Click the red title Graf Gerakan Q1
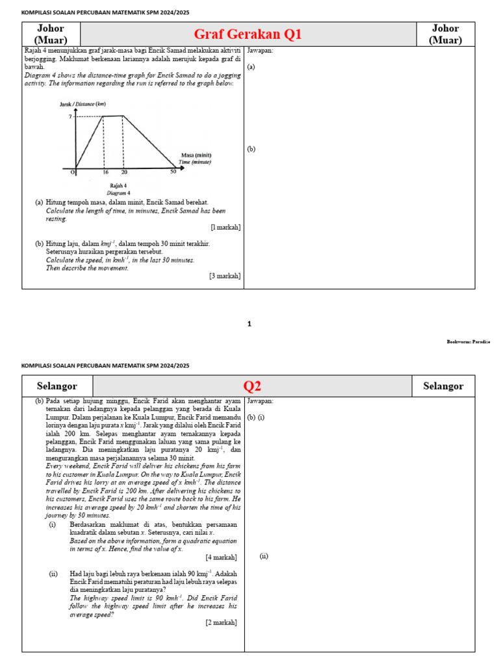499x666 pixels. point(248,34)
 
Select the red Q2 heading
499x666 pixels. point(252,386)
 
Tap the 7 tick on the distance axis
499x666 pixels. point(70,116)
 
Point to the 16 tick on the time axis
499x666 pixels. point(105,172)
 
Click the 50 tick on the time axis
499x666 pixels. point(173,172)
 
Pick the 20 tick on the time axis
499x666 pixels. point(124,172)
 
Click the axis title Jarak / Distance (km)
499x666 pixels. point(82,104)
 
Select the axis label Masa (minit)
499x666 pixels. point(196,155)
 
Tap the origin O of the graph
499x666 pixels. point(73,172)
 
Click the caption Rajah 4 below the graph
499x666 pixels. point(118,186)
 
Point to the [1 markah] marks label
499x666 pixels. point(225,227)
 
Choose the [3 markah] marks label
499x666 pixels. point(225,276)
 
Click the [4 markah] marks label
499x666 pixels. point(221,557)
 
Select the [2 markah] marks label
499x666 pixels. point(221,622)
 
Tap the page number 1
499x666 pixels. point(249,323)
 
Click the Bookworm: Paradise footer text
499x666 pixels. point(468,341)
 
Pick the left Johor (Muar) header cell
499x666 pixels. point(51,34)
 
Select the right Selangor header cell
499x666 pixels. point(443,386)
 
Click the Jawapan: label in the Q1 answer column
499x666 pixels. point(260,50)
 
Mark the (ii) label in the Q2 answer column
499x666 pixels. point(264,556)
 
